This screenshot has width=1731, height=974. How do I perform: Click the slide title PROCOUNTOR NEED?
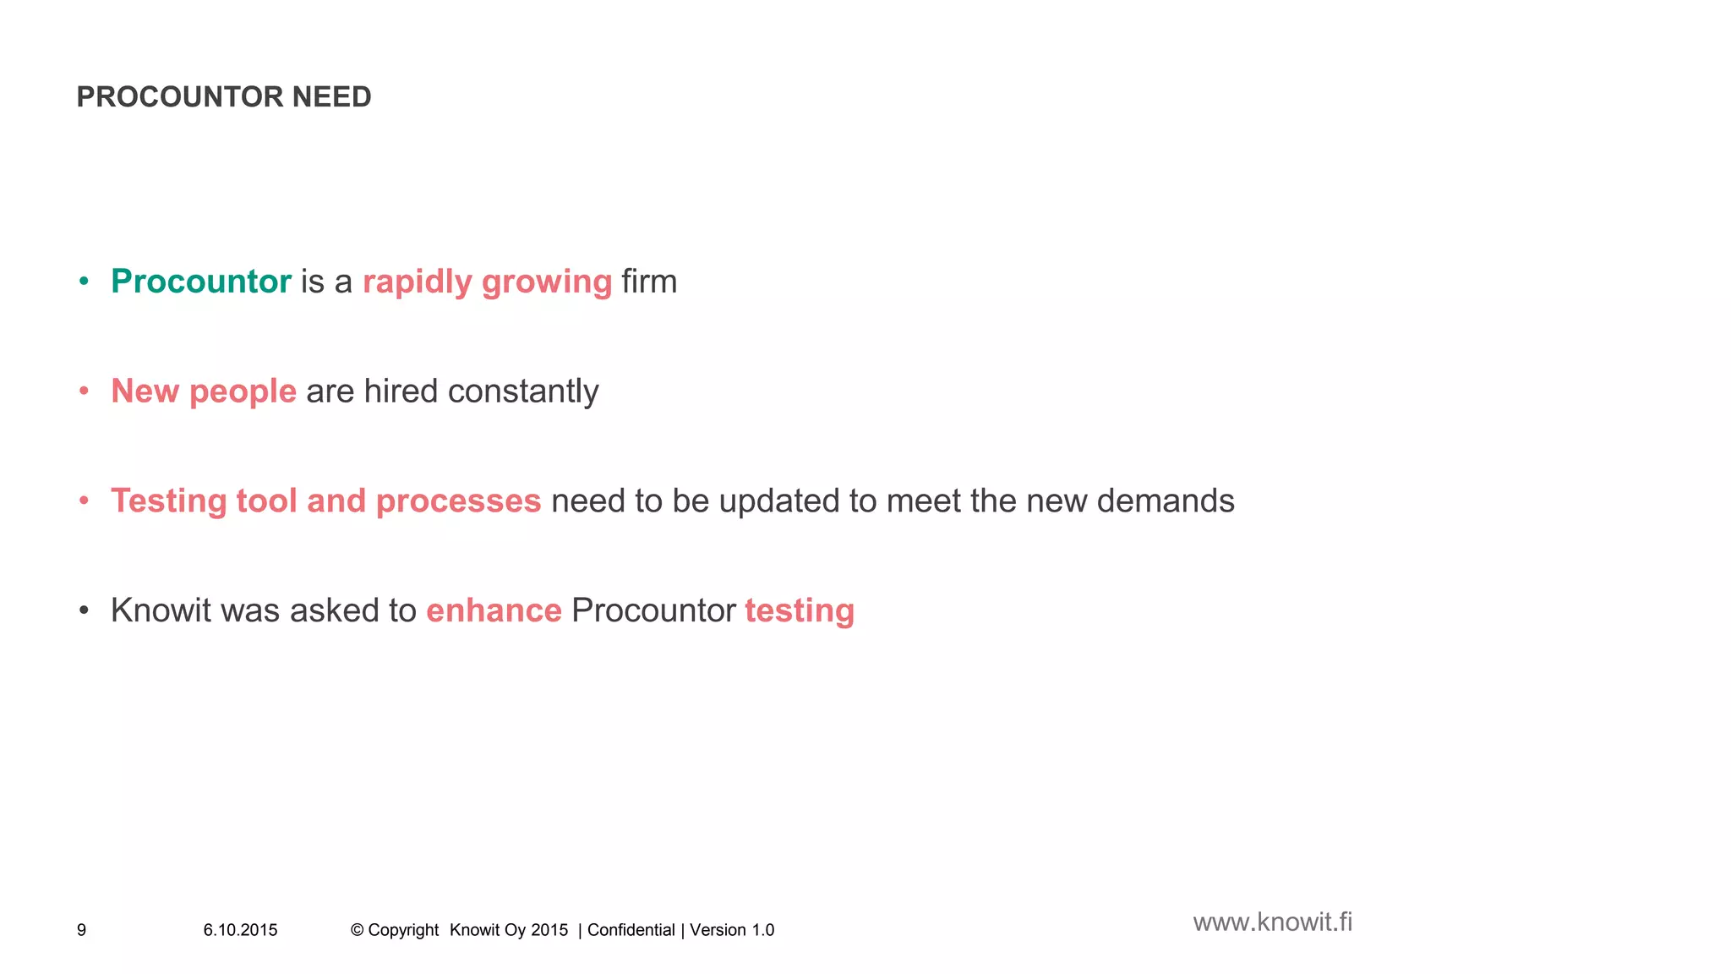point(224,97)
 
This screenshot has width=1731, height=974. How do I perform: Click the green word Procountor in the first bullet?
point(201,282)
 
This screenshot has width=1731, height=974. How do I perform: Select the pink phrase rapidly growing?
point(487,282)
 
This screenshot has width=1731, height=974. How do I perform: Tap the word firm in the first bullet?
point(649,282)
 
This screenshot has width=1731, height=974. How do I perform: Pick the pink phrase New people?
point(204,391)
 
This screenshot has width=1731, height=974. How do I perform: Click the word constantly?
point(523,391)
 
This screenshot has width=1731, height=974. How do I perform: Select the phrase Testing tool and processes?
point(325,501)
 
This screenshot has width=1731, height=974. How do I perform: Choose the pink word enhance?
point(494,610)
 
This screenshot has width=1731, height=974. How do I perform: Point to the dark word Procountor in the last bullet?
point(653,610)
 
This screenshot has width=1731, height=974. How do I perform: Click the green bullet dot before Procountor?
point(84,282)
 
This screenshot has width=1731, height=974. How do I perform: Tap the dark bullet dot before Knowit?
point(84,611)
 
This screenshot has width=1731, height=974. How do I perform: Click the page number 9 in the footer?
point(81,930)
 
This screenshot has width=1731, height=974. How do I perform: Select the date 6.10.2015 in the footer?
point(240,930)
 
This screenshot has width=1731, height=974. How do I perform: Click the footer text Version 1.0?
point(732,930)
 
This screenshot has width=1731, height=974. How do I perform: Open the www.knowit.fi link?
point(1272,922)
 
